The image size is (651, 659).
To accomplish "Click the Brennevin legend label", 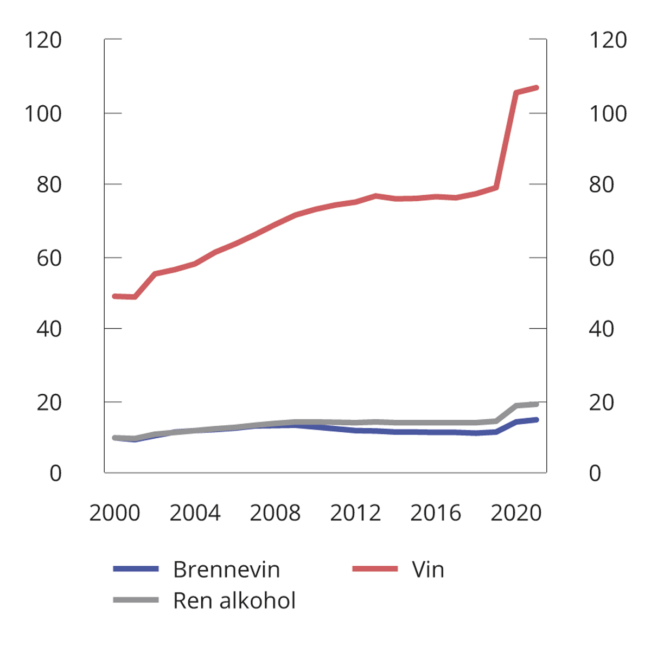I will click(226, 570).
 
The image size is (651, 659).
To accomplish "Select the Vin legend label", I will click(427, 570).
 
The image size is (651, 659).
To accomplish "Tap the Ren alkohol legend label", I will click(234, 600).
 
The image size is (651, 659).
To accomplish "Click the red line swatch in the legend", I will click(375, 569).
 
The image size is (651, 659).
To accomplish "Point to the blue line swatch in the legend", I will click(136, 569).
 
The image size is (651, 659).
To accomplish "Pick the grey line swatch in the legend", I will click(136, 600).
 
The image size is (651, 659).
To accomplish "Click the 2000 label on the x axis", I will click(114, 513).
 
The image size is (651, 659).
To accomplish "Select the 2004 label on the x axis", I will click(195, 513).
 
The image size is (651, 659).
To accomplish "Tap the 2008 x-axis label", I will click(275, 513).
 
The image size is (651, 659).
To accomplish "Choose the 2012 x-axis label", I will click(355, 513).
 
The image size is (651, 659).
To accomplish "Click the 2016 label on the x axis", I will click(436, 513).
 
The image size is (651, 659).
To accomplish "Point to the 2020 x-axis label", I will click(516, 513).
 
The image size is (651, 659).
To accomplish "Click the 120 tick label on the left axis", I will click(43, 40).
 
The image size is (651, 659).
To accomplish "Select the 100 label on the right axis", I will click(608, 114).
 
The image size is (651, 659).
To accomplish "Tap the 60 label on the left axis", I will click(49, 258).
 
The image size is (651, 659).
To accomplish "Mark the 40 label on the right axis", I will click(601, 329).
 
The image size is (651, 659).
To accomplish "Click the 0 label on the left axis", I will click(55, 474).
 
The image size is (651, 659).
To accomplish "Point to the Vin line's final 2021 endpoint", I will click(536, 87).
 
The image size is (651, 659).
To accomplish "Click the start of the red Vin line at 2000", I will click(114, 296).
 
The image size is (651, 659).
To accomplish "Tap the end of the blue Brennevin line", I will click(536, 419).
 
